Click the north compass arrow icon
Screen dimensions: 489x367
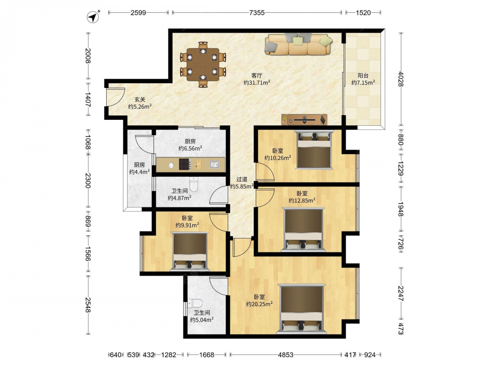point(93,17)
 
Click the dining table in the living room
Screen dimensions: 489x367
point(203,64)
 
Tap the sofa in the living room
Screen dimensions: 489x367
point(298,44)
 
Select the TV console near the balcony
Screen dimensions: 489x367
point(304,119)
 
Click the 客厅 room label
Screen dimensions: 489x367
point(257,75)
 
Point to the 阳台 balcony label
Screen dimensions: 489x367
point(363,75)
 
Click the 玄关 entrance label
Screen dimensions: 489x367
point(140,99)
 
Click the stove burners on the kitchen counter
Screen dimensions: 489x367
point(185,164)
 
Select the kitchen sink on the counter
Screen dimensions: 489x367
point(214,164)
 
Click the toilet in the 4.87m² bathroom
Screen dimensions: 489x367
point(194,184)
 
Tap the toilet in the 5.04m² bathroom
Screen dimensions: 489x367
point(195,303)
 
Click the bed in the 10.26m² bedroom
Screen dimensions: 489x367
point(314,150)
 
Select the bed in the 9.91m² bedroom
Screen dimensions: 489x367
point(190,252)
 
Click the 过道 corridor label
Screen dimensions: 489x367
point(242,179)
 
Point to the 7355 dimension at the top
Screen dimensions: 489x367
point(257,13)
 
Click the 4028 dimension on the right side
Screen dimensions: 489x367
point(401,79)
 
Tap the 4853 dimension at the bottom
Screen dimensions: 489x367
point(286,355)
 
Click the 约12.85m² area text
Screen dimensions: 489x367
point(302,200)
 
